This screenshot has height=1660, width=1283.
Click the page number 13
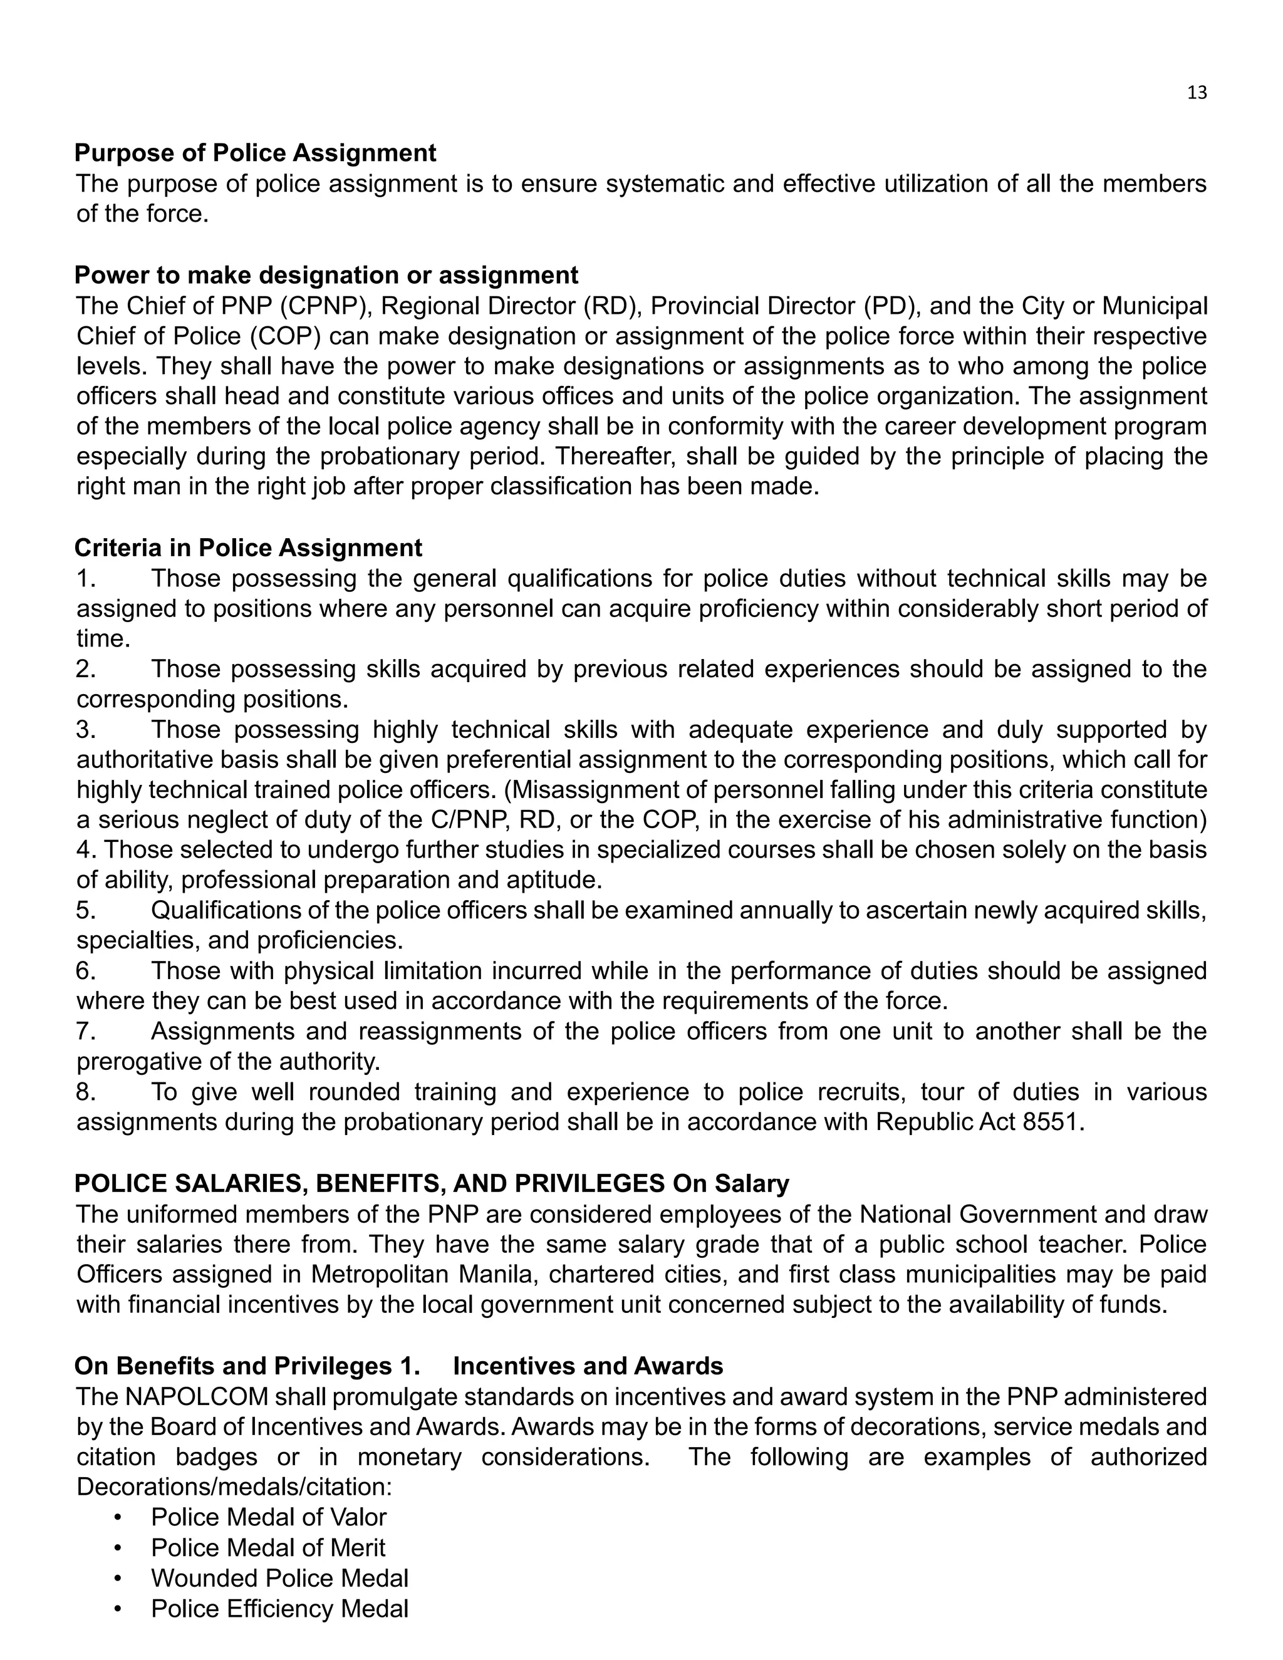[1197, 93]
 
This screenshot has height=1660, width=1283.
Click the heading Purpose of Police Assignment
[256, 153]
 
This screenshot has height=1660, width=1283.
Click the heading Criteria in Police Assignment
[249, 547]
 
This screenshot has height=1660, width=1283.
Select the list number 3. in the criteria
[86, 730]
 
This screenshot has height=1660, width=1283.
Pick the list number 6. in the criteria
[86, 972]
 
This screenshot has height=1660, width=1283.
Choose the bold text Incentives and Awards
[588, 1366]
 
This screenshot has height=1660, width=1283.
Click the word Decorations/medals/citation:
[234, 1486]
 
